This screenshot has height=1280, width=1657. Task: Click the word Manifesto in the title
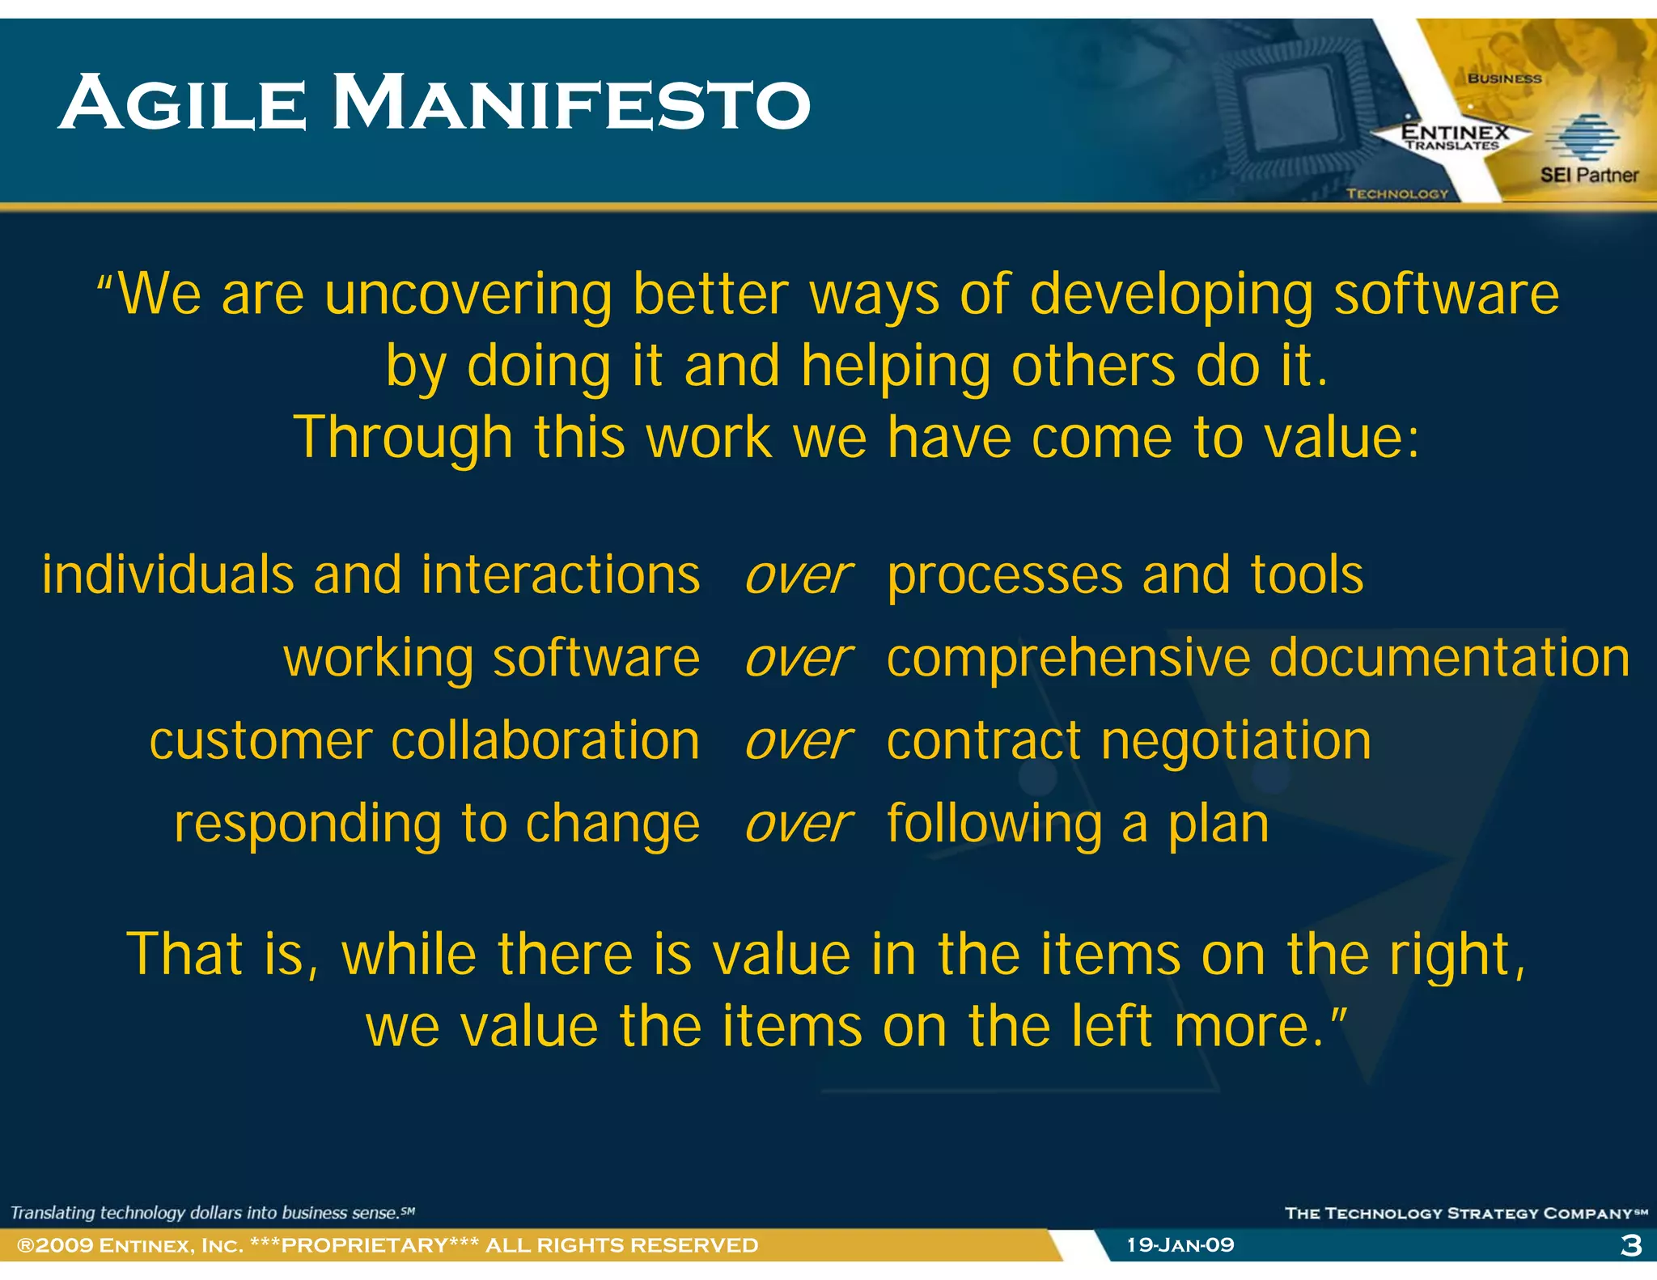[570, 103]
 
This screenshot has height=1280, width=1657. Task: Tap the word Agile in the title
[182, 103]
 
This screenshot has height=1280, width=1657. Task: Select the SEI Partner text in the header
[1588, 175]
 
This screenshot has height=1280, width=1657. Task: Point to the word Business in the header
[1504, 78]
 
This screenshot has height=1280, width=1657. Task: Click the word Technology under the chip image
[1396, 193]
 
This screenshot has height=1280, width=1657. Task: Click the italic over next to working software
[798, 659]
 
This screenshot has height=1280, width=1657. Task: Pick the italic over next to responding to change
[798, 825]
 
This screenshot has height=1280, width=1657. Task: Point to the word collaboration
[545, 741]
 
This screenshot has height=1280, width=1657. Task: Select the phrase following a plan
[1078, 825]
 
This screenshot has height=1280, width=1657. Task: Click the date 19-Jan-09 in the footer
[1180, 1244]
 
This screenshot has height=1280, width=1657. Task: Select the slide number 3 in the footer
[1631, 1245]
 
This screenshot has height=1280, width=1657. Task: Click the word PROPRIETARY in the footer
[364, 1244]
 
